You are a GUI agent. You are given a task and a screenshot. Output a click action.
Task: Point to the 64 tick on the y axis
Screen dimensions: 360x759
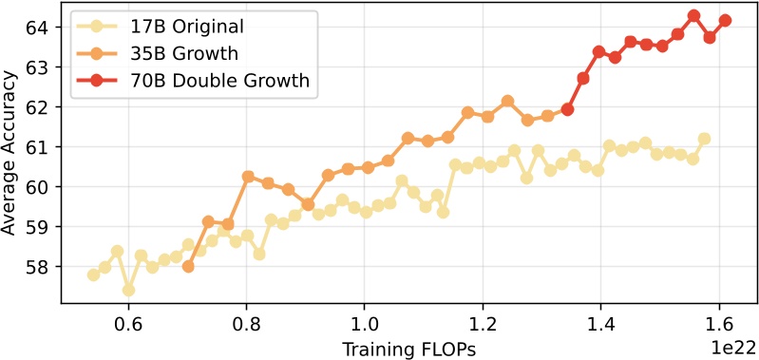pyautogui.click(x=42, y=28)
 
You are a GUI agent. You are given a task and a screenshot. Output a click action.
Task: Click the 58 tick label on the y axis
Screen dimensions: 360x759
pyautogui.click(x=42, y=267)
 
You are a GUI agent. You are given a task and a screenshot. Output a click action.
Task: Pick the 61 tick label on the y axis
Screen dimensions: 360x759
pyautogui.click(x=42, y=147)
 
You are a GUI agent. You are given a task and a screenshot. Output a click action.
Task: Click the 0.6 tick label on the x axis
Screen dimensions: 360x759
pyautogui.click(x=128, y=322)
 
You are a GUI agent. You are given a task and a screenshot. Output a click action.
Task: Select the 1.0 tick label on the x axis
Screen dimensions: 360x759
pyautogui.click(x=365, y=322)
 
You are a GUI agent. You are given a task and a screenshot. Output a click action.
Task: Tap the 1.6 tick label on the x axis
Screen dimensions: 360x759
pyautogui.click(x=718, y=322)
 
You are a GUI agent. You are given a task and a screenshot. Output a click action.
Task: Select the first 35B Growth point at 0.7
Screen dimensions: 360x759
pyautogui.click(x=188, y=267)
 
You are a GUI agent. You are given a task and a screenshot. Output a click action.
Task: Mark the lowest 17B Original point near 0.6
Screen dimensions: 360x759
pyautogui.click(x=128, y=290)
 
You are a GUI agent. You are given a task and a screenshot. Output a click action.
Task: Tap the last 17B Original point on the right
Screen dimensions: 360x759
pyautogui.click(x=704, y=139)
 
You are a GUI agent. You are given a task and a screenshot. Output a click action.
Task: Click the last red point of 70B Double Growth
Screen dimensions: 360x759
pyautogui.click(x=725, y=20)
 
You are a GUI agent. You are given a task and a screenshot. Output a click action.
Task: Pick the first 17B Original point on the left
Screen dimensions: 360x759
pyautogui.click(x=93, y=275)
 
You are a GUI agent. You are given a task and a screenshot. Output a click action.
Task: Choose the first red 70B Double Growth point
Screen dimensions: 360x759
pyautogui.click(x=567, y=109)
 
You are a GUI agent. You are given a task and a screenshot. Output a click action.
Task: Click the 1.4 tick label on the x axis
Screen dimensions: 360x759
pyautogui.click(x=600, y=322)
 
